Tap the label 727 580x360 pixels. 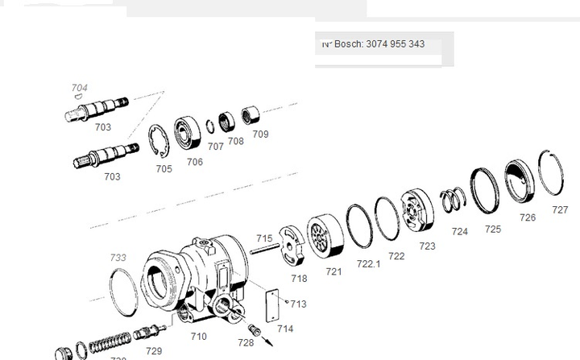tap(559, 209)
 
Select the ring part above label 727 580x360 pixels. tap(553, 172)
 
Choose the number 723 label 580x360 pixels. tap(427, 246)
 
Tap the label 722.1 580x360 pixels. tap(368, 263)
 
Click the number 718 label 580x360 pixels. tap(299, 278)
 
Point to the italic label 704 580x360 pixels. tap(80, 88)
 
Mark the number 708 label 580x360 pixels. tap(235, 141)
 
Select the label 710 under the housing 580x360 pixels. tap(198, 336)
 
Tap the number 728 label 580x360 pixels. tap(246, 343)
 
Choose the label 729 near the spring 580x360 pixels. tap(154, 350)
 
